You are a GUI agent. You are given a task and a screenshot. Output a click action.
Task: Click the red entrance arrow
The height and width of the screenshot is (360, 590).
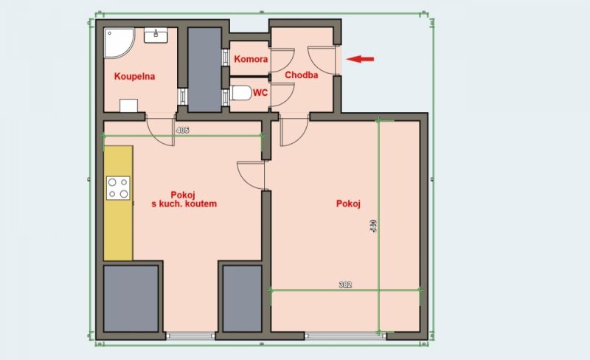(x=361, y=59)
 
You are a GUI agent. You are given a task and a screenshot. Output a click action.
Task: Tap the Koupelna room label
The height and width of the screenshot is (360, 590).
(x=134, y=76)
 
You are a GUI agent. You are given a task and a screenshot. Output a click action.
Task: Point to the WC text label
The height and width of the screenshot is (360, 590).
(x=260, y=94)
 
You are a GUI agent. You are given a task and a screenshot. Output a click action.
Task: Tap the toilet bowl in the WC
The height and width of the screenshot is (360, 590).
(x=239, y=94)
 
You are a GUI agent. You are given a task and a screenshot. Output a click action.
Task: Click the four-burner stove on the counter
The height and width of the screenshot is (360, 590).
(x=118, y=187)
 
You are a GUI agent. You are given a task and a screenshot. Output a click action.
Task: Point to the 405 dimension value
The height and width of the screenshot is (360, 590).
(x=184, y=130)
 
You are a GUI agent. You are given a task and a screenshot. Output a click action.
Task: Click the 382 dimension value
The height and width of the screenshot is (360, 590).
(x=344, y=284)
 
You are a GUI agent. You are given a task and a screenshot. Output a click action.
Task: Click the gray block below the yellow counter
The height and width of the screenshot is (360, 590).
(x=131, y=300)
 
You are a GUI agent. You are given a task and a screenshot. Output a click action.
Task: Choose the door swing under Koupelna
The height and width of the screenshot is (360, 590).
(x=161, y=128)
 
